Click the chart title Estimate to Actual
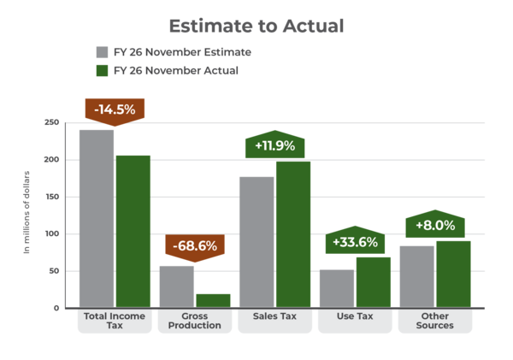coord(256,26)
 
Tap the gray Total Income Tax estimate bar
coord(97,218)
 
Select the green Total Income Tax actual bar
coord(133,231)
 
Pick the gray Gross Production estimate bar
coord(177,286)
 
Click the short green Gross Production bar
coord(213,300)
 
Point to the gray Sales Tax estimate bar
coord(256,241)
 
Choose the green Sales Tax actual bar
coord(292,234)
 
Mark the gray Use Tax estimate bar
coord(336,288)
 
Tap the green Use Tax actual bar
coord(373,281)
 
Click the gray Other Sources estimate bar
coord(416,275)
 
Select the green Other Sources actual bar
coord(453,273)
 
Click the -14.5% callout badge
coord(114,110)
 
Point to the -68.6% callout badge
coord(194,246)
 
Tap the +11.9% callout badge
coord(274,145)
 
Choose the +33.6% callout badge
coord(355,242)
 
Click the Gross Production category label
coord(195,321)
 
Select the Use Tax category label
coord(355,316)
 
